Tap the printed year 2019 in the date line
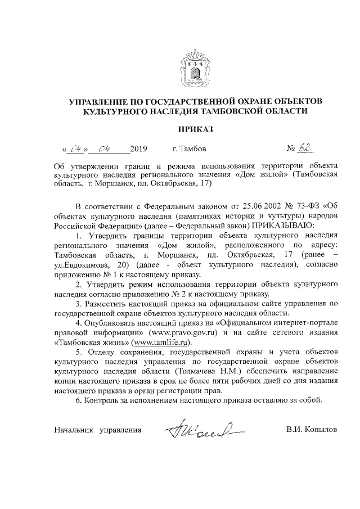click(138, 150)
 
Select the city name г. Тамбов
click(189, 150)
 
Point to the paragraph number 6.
click(77, 401)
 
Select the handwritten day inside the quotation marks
click(75, 150)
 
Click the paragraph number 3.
click(77, 304)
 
